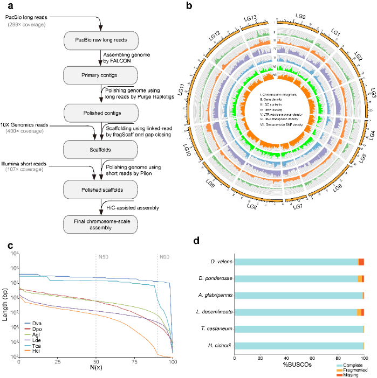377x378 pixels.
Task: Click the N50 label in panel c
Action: pyautogui.click(x=102, y=255)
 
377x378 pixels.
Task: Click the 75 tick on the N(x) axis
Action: pyautogui.click(x=127, y=362)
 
